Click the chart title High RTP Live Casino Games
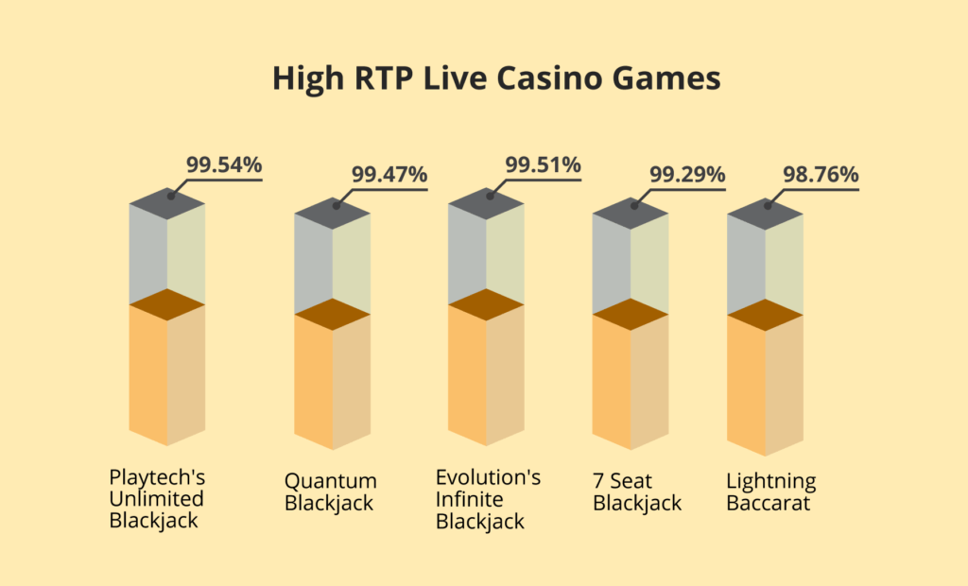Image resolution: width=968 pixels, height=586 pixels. point(496,78)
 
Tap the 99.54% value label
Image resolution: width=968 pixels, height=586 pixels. point(223,164)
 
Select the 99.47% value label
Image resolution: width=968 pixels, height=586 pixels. point(389,174)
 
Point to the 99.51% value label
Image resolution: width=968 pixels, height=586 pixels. point(543,165)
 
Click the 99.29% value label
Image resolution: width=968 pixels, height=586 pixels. point(687,174)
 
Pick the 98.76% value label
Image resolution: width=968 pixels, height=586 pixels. point(821,174)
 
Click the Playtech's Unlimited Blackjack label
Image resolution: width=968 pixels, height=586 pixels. point(156,498)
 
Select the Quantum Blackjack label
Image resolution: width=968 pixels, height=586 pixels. point(330,491)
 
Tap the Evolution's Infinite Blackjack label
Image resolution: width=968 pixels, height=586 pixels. point(488,499)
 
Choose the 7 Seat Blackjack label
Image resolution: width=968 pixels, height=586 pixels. point(637,491)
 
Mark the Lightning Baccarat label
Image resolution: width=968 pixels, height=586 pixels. point(771,491)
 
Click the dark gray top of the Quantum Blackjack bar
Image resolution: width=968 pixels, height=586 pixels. point(333,214)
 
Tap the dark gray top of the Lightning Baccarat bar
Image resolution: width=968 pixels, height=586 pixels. point(765,215)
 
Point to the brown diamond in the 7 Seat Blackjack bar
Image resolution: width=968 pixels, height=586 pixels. point(631,314)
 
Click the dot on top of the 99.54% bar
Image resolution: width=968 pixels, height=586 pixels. point(171,197)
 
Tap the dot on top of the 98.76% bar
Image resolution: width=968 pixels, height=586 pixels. point(768,205)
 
